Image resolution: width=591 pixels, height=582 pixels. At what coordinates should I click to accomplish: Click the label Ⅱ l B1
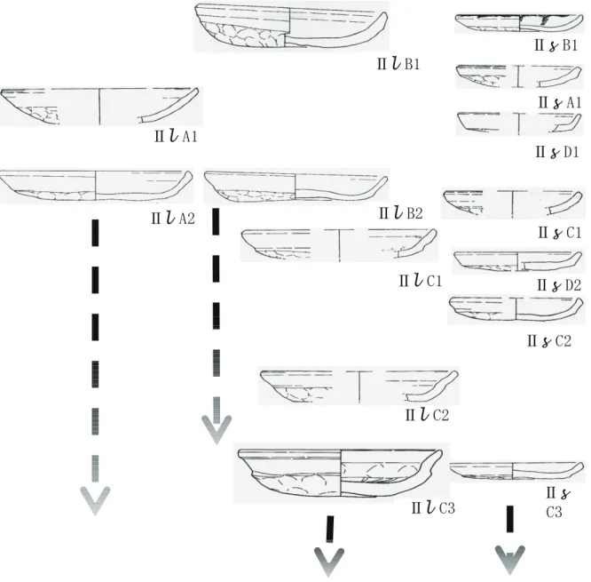point(398,63)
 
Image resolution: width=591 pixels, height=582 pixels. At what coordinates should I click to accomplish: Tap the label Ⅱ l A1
point(176,136)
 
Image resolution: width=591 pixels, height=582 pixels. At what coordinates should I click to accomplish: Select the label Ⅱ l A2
point(173,218)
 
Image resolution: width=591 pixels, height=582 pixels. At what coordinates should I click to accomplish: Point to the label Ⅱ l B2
point(401,213)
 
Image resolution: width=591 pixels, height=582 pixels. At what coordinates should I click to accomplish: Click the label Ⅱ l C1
point(421,281)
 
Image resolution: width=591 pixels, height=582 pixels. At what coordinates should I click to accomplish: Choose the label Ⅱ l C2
point(427,415)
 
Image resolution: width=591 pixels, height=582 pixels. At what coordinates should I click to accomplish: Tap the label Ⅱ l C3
point(433,508)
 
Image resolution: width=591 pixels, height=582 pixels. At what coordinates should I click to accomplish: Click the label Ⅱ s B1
point(556,45)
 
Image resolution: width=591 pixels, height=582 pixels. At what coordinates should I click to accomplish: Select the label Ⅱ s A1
point(560,102)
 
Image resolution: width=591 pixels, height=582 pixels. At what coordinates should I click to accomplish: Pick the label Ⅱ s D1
point(557,152)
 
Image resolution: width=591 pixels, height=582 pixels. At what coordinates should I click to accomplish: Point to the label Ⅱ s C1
point(560,233)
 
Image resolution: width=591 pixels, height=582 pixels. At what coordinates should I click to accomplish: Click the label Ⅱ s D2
point(559,285)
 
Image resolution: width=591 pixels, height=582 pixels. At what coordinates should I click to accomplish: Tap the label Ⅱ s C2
point(549,341)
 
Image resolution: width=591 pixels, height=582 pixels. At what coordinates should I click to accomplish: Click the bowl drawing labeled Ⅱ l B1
point(291,26)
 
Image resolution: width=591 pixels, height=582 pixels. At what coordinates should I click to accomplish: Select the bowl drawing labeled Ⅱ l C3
point(340,473)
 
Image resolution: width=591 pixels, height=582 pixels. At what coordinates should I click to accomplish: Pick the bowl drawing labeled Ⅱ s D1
point(519,123)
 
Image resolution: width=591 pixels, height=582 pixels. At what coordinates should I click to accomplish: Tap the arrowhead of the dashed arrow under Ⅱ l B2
point(217,429)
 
